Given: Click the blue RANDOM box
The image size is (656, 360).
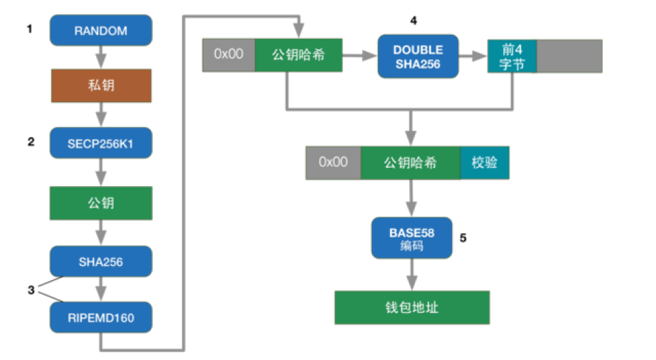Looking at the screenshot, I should (101, 31).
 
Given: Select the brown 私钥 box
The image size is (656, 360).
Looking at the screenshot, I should (101, 87).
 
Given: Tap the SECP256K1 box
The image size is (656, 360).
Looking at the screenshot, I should (101, 143).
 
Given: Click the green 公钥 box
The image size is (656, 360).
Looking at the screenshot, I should (101, 203).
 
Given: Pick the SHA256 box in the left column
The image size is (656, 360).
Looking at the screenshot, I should (101, 261).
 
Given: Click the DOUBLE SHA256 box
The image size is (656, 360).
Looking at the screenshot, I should (418, 57).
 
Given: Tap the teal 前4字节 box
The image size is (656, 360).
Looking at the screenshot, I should (512, 56).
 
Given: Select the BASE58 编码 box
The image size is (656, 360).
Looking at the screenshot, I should (411, 238).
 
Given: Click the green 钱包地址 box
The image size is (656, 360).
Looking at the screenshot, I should (411, 307).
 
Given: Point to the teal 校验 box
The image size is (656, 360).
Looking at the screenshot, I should (484, 163).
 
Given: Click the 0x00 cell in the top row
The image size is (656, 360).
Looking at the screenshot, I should (228, 55).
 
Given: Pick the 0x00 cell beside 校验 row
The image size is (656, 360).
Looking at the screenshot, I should (333, 163).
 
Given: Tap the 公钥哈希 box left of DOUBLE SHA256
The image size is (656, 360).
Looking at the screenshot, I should (297, 55).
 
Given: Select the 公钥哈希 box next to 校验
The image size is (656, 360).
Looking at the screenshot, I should (411, 163).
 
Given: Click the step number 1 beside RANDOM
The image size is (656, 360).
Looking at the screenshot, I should (29, 29).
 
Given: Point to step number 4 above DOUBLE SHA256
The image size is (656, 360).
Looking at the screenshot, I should (413, 20).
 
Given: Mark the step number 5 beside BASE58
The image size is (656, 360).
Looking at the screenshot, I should (464, 238).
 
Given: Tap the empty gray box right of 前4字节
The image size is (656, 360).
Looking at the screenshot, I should (569, 56).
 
